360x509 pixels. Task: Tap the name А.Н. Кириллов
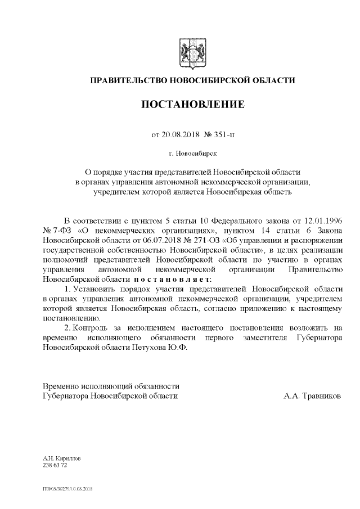click(x=62, y=459)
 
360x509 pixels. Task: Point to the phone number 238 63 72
click(x=55, y=466)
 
